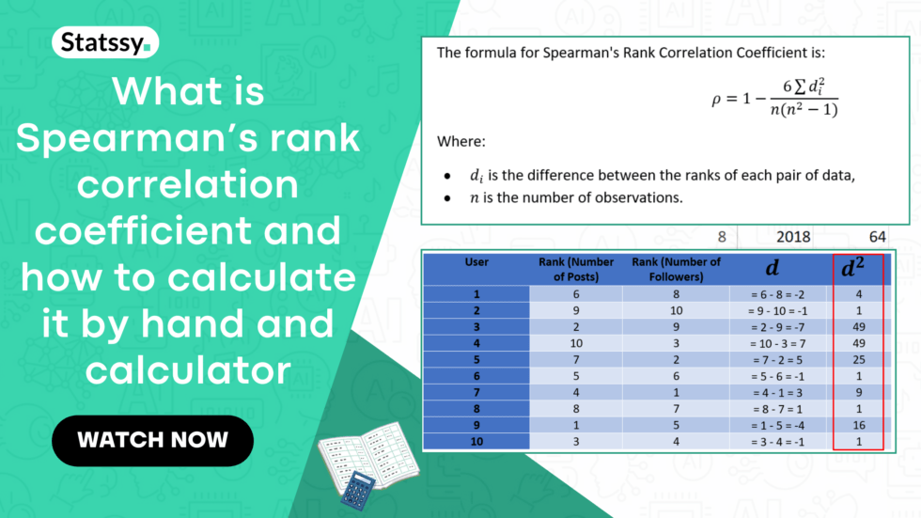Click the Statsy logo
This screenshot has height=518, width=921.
click(105, 42)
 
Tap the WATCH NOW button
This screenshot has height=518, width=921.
click(152, 441)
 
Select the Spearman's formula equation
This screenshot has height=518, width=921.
click(774, 98)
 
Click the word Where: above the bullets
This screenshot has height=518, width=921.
click(461, 142)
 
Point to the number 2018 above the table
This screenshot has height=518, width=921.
click(793, 237)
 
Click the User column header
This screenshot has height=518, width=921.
click(476, 262)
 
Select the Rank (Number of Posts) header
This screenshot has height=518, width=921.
click(575, 269)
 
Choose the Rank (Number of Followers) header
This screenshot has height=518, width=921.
click(676, 269)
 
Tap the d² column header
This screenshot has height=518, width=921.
click(853, 268)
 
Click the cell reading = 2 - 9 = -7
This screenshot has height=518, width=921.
click(777, 327)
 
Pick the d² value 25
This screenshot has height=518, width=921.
click(859, 359)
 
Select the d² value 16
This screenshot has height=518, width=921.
click(859, 425)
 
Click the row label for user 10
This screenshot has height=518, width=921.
click(476, 442)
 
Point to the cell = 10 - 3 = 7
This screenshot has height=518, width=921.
click(777, 343)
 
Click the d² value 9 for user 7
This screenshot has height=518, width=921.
click(859, 392)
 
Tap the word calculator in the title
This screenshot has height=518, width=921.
click(188, 370)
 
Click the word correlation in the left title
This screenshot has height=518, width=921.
click(187, 184)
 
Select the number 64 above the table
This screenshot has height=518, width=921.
click(877, 237)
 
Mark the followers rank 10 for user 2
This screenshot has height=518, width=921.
click(676, 310)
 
